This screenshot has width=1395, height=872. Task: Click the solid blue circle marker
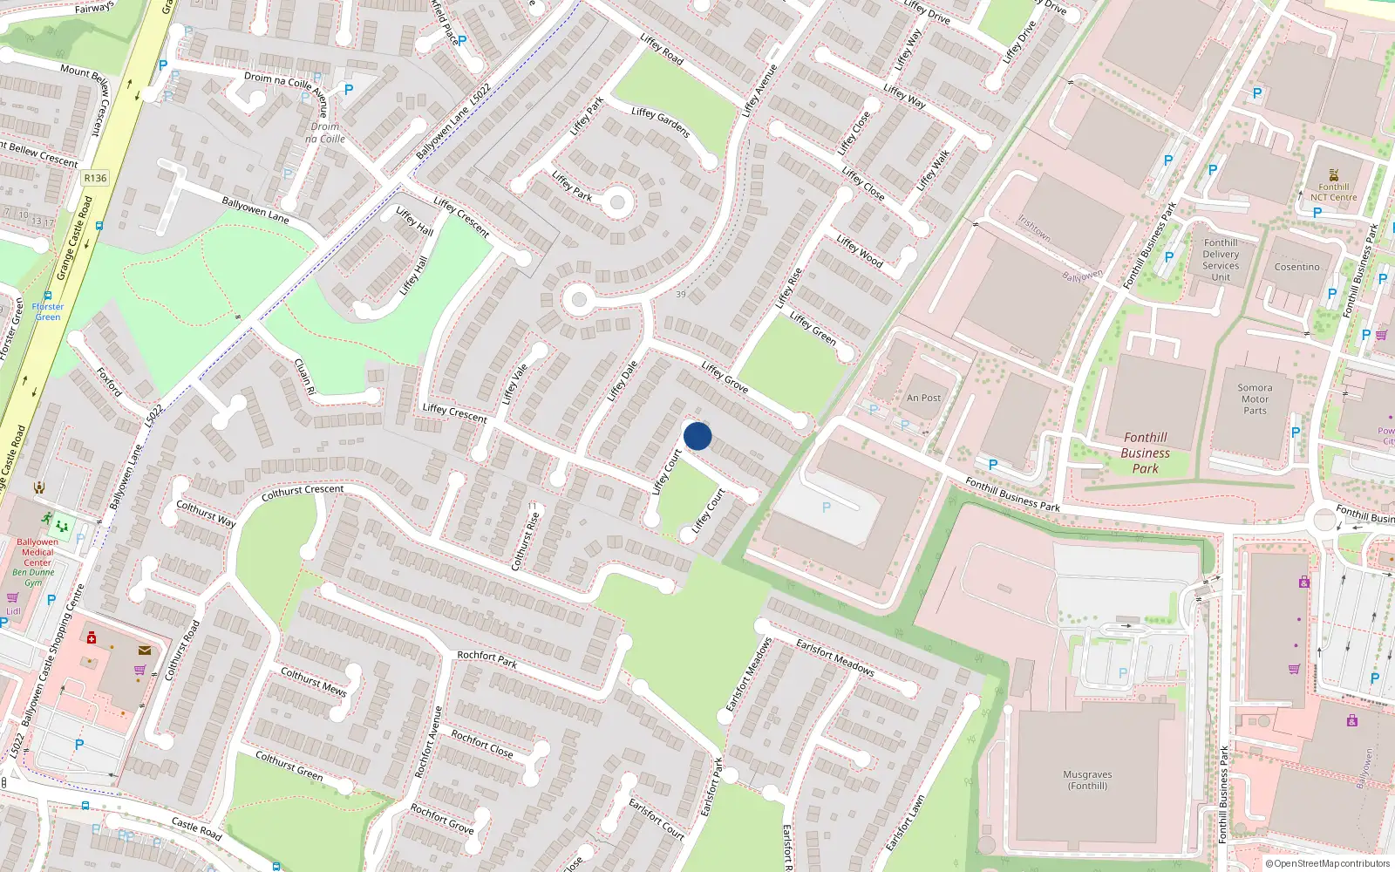point(697,436)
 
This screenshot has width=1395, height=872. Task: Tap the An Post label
point(923,398)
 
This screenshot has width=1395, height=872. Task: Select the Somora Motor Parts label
point(1255,399)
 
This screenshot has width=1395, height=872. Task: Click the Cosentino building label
point(1296,267)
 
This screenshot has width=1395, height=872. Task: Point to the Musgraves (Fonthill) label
point(1087,780)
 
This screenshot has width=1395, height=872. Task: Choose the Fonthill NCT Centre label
point(1333,192)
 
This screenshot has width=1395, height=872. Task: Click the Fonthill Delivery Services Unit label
point(1220,260)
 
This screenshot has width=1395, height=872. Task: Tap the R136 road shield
point(95,178)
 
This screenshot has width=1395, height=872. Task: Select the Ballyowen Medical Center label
point(37,552)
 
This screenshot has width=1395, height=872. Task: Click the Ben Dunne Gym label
point(33,577)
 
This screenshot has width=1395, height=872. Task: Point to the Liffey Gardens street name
point(660,122)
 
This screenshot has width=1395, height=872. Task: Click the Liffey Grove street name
point(725,377)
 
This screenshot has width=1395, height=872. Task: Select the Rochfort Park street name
point(487,659)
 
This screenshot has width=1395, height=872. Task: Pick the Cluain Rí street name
point(303,377)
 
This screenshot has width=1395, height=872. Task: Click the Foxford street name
point(109,382)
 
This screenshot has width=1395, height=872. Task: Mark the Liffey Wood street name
point(859,250)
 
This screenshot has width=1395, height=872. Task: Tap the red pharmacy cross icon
point(92,637)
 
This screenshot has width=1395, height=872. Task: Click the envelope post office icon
point(144,650)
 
